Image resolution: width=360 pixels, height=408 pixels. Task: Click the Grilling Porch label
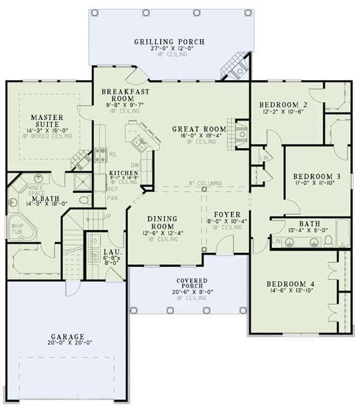169,42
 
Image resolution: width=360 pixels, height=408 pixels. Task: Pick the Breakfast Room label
126,95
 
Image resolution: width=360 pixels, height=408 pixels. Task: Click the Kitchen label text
123,173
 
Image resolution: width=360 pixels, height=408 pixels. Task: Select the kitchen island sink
138,142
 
